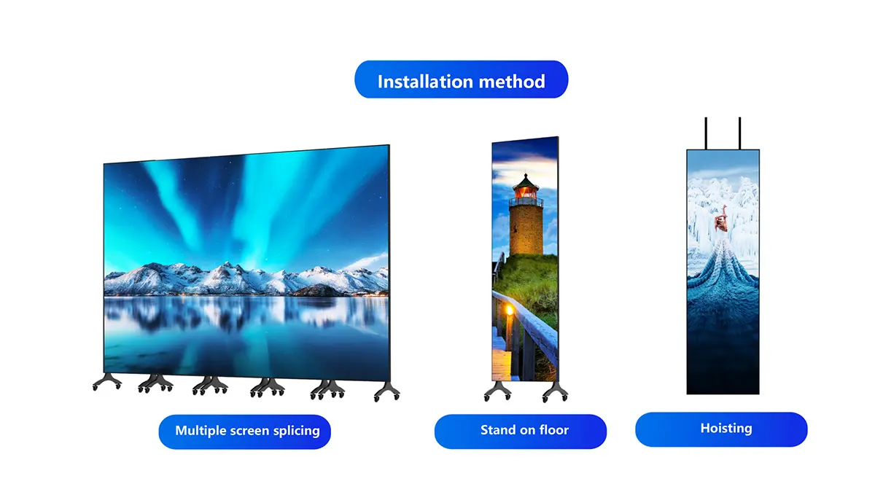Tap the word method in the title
pyautogui.click(x=512, y=82)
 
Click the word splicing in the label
pyautogui.click(x=297, y=431)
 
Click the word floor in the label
pyautogui.click(x=554, y=429)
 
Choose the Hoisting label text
pyautogui.click(x=726, y=429)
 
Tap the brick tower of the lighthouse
pyautogui.click(x=526, y=230)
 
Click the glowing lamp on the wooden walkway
pyautogui.click(x=510, y=311)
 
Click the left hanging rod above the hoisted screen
pyautogui.click(x=706, y=133)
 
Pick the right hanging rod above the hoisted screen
pyautogui.click(x=740, y=133)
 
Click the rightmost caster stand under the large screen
pyautogui.click(x=387, y=391)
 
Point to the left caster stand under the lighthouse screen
pyautogui.click(x=497, y=391)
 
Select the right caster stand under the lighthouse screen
pyautogui.click(x=555, y=391)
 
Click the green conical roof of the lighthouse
pyautogui.click(x=526, y=181)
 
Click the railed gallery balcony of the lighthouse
pyautogui.click(x=526, y=202)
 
